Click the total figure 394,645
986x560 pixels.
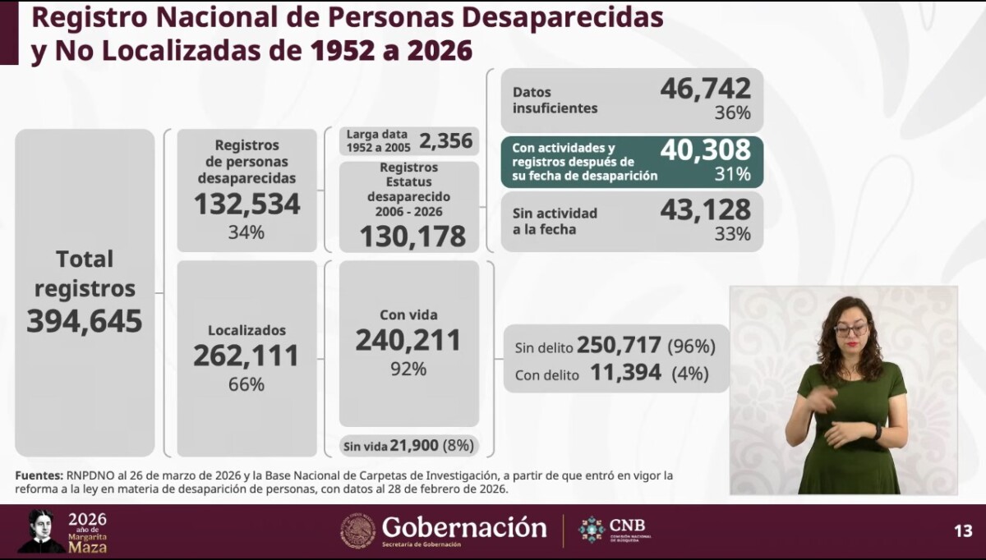pos(85,321)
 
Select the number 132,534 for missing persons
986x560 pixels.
pos(247,204)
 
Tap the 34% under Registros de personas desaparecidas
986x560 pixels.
pos(246,232)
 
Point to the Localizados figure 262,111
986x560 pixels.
pos(246,356)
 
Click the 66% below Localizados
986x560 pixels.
pos(246,384)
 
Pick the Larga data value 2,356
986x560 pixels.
pos(446,140)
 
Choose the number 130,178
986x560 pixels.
pos(412,236)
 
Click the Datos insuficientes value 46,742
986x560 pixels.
pos(705,88)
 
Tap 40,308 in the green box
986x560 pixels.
pos(705,149)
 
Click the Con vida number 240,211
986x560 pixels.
pos(408,340)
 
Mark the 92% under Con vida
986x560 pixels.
pos(408,369)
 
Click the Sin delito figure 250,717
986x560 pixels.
pos(620,347)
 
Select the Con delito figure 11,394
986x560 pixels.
pos(625,373)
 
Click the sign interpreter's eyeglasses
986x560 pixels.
pos(850,330)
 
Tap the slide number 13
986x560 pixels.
pos(963,530)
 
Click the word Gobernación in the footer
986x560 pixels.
pos(464,527)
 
